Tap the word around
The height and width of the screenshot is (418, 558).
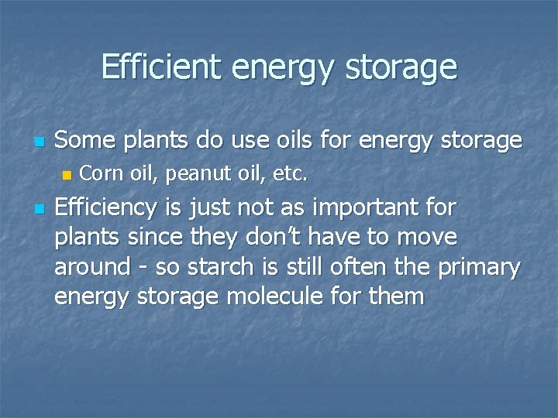91,267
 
